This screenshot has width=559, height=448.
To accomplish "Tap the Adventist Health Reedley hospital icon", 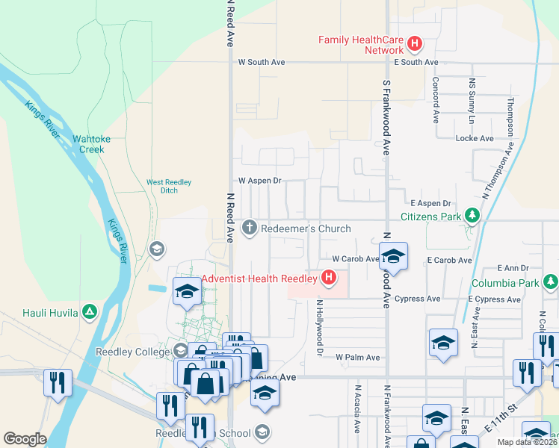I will point(328,279).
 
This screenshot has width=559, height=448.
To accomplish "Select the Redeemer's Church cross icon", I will point(250,227).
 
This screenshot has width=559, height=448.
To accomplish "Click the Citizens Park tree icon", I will point(472,217).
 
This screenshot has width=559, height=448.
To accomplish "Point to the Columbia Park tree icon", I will point(550,281).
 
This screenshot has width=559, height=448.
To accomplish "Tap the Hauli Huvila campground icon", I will point(90,311).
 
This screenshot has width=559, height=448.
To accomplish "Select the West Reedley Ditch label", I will point(169,186).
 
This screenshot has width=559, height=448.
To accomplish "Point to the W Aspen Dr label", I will point(259,181).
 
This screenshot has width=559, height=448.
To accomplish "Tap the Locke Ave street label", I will point(475,139).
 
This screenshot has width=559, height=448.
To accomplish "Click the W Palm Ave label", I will point(357,358).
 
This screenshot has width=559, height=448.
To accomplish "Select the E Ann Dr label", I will point(514,268).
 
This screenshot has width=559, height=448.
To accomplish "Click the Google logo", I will point(24,439).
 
